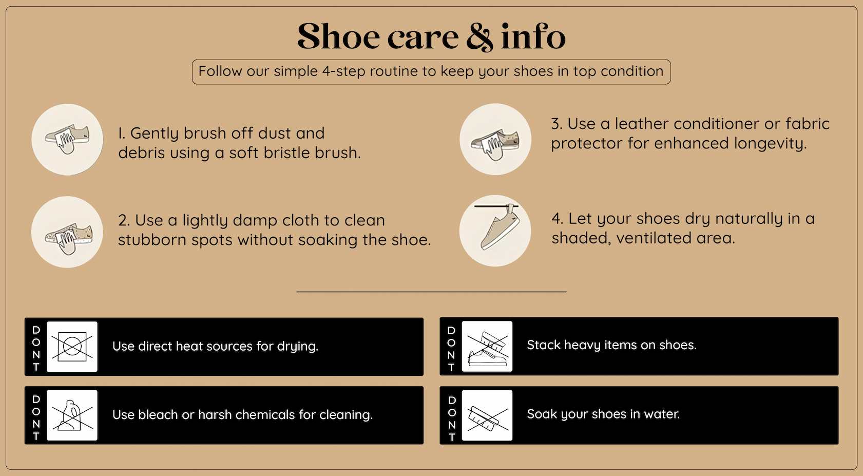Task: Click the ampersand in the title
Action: pos(480,37)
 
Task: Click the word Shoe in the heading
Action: pos(339,36)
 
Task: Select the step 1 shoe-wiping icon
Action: pos(67,140)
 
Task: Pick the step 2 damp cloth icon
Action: pos(67,232)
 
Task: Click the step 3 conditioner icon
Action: pos(495,139)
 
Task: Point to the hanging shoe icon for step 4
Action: pos(495,231)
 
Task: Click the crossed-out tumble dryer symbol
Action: pos(72,347)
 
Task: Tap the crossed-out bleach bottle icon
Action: pos(72,415)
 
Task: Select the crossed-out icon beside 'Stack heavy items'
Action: pos(487,346)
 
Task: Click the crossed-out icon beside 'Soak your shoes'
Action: pos(487,415)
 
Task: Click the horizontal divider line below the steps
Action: pos(431,292)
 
